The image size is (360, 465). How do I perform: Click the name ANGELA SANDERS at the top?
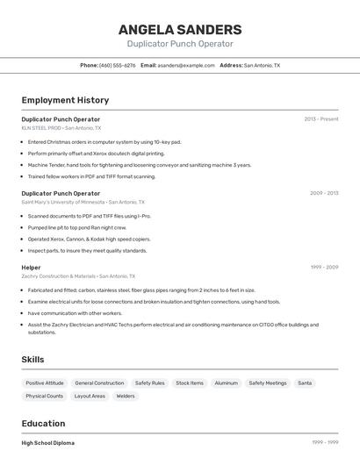point(179,30)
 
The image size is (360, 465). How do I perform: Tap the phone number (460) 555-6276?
point(117,65)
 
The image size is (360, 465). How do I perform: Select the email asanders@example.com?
point(186,65)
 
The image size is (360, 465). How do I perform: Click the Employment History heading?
point(65,100)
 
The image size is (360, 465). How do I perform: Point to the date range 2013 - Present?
point(321,118)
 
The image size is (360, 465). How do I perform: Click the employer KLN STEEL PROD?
point(41,128)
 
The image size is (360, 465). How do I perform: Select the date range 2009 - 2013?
point(324,193)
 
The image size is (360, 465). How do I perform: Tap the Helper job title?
point(31,267)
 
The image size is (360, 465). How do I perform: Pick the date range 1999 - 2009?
point(324,267)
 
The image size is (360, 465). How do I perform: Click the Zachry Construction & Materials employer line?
point(58,275)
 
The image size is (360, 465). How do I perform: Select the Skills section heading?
point(32,359)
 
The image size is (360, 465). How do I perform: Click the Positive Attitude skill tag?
point(45,383)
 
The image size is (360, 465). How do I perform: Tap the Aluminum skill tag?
point(226,383)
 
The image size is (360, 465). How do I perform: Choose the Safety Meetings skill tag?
point(267,383)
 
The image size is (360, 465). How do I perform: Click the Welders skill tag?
point(126,396)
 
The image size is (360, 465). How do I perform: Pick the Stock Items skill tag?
point(189,383)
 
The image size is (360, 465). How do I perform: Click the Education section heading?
point(43,423)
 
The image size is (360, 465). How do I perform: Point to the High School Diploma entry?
point(47,443)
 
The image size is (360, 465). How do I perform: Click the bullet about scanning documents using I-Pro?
point(89,215)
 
